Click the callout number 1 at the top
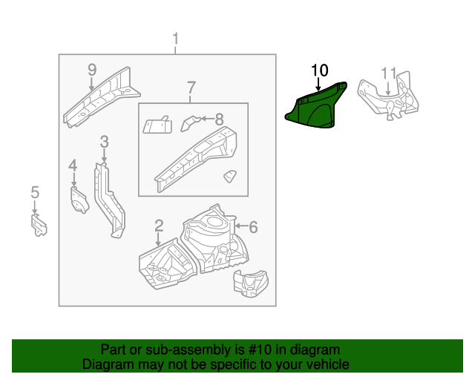(x=176, y=39)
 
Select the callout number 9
(x=92, y=70)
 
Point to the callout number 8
(x=219, y=118)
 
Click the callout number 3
(x=105, y=141)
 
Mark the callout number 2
(x=159, y=225)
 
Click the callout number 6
(x=252, y=226)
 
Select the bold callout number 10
(x=319, y=71)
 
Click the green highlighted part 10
(x=316, y=108)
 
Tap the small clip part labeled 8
(x=191, y=120)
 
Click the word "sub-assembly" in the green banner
(x=166, y=350)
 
